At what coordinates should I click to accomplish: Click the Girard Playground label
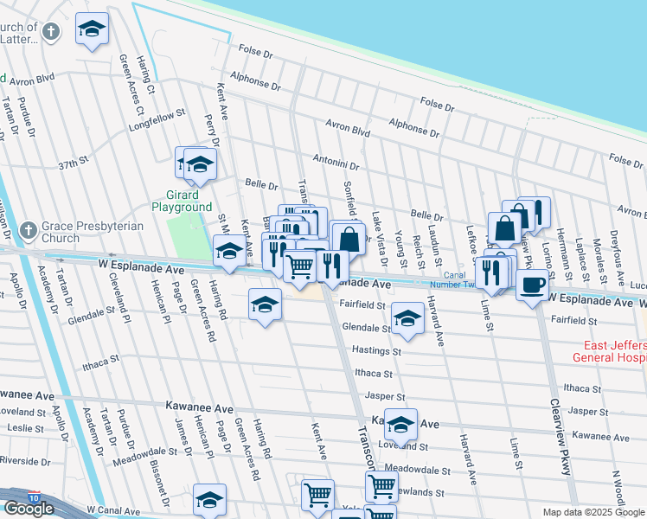click(x=182, y=201)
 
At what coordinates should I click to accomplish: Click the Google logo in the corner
click(x=29, y=509)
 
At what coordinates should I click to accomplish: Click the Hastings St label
click(x=376, y=351)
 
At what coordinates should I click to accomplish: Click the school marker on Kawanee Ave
click(x=400, y=424)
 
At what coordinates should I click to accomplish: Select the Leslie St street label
click(x=22, y=428)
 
